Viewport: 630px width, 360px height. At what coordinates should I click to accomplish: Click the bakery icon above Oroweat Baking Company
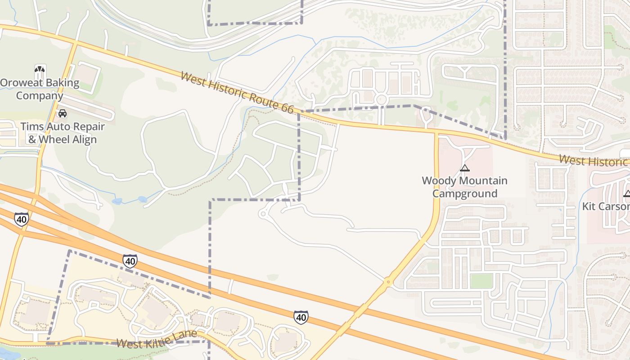point(40,69)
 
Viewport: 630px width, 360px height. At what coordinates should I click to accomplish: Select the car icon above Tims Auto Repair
point(63,113)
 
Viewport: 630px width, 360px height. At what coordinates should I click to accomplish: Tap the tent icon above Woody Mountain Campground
point(465,168)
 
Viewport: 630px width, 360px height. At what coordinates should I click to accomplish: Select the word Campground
point(465,194)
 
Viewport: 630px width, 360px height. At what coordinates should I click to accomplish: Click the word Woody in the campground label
point(438,181)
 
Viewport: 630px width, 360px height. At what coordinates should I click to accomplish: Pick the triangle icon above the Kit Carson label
point(627,193)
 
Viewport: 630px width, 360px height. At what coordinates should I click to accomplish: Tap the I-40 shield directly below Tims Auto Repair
point(21,219)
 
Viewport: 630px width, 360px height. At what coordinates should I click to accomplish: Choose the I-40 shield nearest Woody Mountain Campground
point(301,317)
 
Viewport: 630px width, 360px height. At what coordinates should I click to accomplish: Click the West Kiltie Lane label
point(157,339)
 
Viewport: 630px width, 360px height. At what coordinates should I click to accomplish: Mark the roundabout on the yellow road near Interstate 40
point(388,282)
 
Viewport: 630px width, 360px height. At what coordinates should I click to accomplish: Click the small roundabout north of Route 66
point(381,99)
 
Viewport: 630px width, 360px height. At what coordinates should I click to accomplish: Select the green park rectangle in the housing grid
point(481,281)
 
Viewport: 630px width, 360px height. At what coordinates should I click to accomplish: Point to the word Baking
point(63,83)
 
